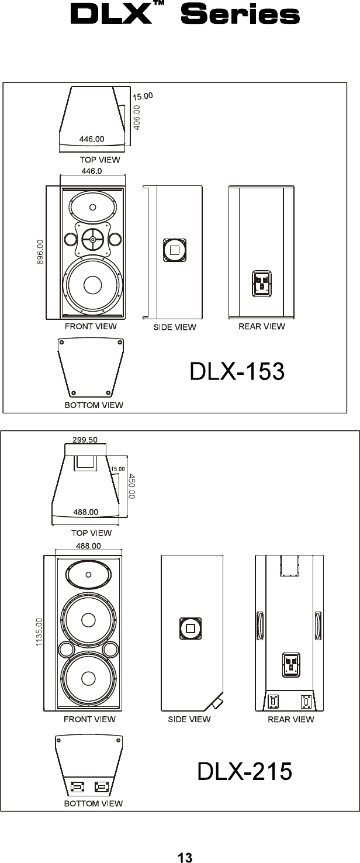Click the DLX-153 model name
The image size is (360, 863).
pos(237,371)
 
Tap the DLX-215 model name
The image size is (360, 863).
pos(244,771)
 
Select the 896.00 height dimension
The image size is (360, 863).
pos(40,252)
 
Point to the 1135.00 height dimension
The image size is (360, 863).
pos(39,632)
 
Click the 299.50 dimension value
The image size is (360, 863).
pos(85,440)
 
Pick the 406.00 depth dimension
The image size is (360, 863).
pos(137,118)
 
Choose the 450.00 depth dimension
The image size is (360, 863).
pos(131,486)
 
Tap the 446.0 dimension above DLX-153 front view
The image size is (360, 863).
pos(92,171)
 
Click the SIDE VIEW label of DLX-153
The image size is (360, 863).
pos(175,327)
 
